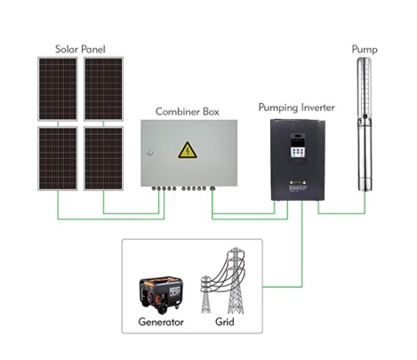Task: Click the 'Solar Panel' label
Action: click(80, 49)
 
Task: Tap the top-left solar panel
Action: click(58, 89)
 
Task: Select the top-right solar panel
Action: click(103, 89)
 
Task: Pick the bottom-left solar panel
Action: click(58, 158)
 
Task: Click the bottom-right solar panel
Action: click(103, 158)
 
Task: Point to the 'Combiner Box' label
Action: click(188, 112)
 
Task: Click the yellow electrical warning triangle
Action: click(188, 150)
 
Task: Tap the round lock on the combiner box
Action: click(150, 153)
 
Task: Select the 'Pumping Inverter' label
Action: click(297, 108)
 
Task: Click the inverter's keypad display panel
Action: click(298, 149)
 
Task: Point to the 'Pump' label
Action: click(365, 49)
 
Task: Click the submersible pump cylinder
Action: click(365, 124)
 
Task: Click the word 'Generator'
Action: click(161, 322)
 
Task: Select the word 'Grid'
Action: click(225, 322)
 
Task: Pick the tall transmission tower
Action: click(236, 280)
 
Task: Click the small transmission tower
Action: click(205, 294)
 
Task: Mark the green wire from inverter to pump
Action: click(341, 213)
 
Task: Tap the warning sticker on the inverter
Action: click(298, 182)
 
